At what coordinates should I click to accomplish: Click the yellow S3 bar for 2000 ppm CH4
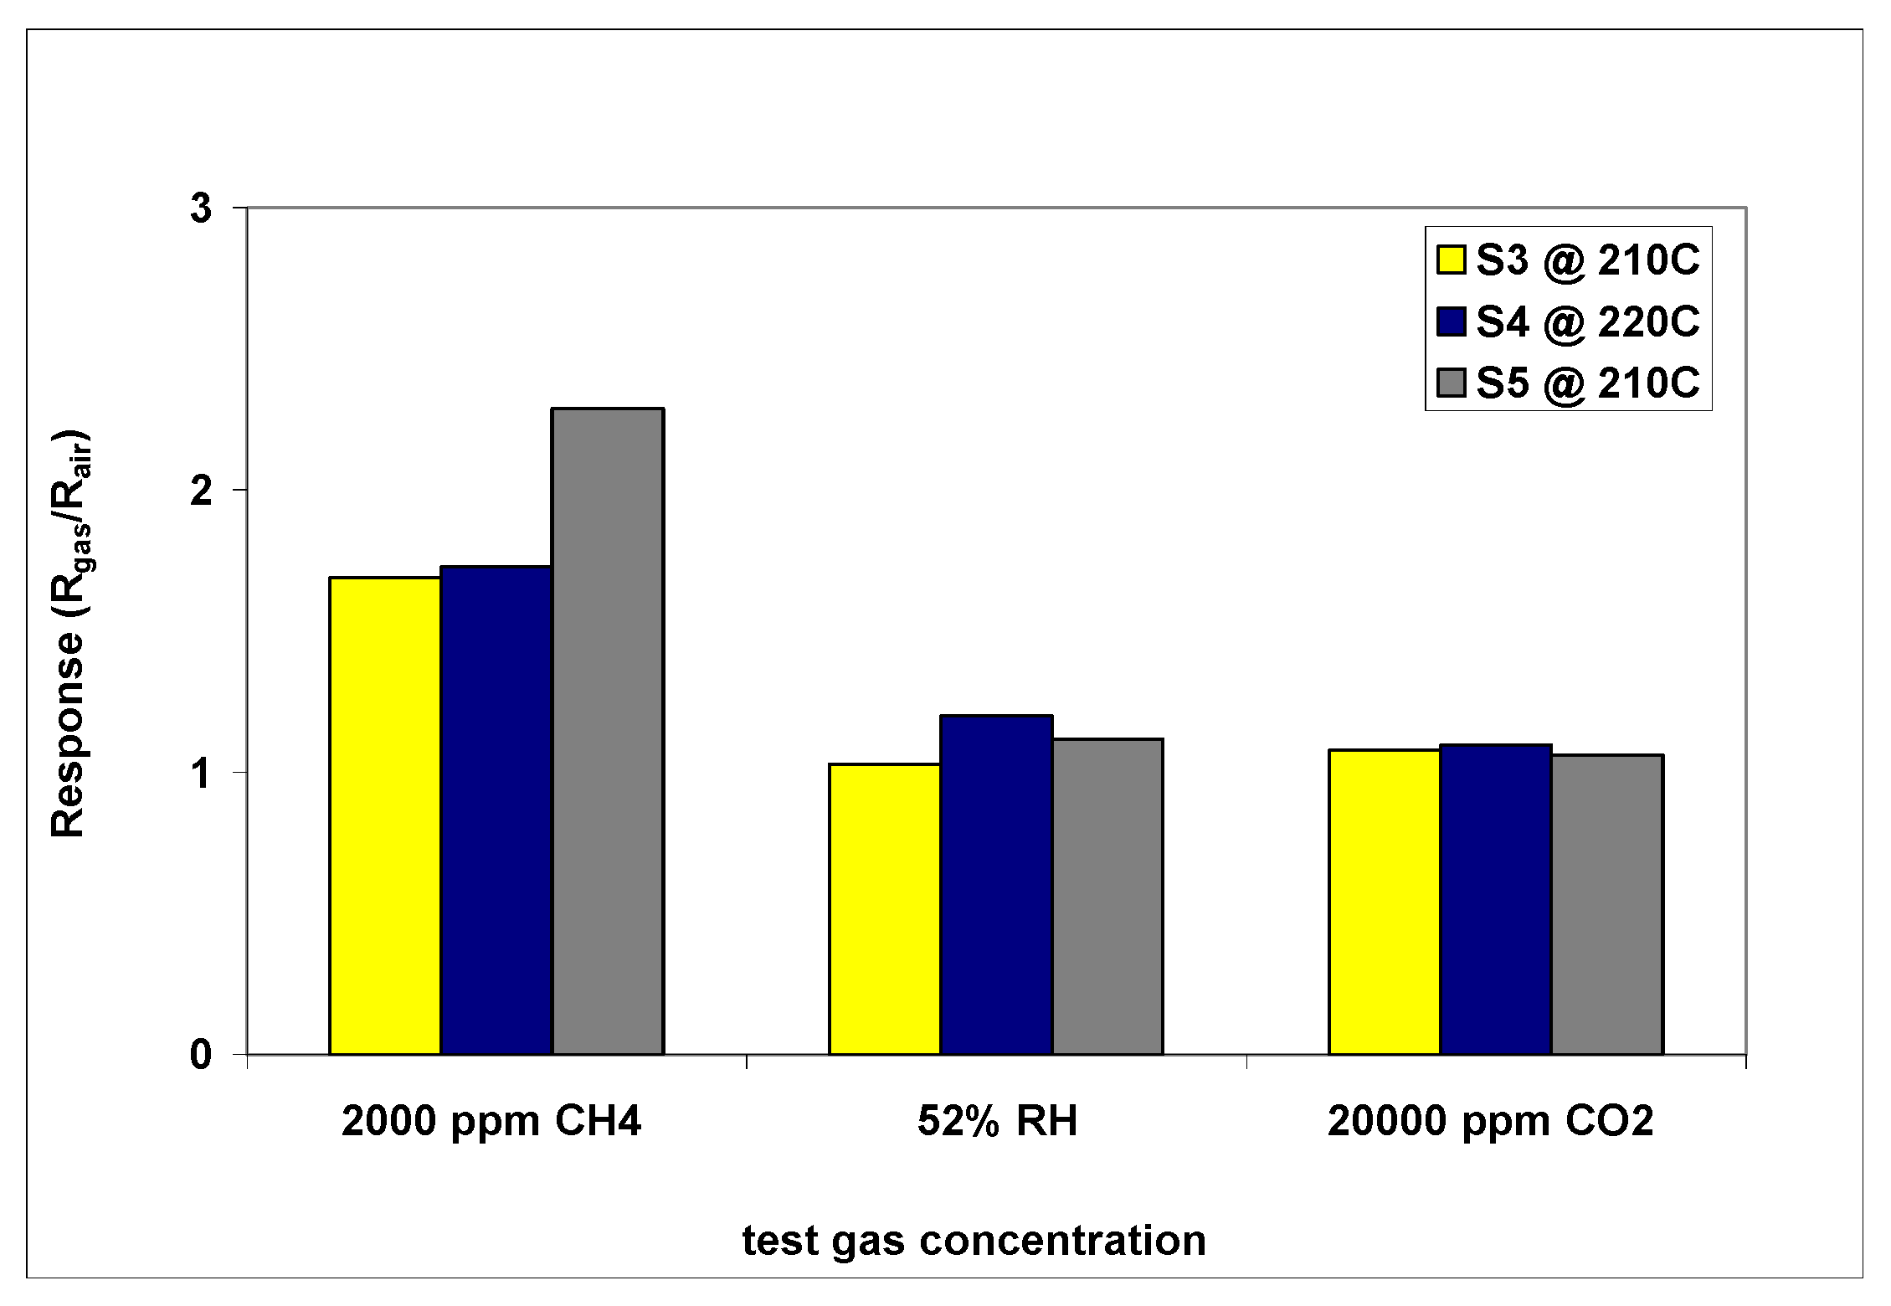tap(385, 816)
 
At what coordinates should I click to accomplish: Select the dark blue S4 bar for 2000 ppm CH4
tap(496, 810)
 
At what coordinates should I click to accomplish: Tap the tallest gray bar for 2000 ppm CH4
tap(608, 732)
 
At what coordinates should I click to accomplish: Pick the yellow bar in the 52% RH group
tap(885, 909)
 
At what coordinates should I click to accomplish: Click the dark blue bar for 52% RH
tap(996, 885)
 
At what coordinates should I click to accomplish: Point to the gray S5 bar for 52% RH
tap(1107, 897)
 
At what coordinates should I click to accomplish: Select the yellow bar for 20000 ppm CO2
tap(1385, 902)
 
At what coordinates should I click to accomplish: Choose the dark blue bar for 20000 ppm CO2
tap(1496, 900)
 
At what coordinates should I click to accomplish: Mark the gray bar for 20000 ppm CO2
tap(1607, 905)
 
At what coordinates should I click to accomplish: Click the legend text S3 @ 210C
tap(1587, 260)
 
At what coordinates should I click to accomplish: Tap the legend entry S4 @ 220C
tap(1587, 322)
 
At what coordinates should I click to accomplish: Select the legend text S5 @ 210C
tap(1587, 383)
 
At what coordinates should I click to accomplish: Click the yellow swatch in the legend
tap(1451, 260)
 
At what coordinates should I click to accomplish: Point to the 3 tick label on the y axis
tap(201, 208)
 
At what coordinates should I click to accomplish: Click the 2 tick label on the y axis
tap(201, 490)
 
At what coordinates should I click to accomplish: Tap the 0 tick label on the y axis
tap(201, 1055)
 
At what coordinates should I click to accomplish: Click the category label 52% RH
tap(997, 1121)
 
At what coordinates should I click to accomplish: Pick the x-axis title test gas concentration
tap(974, 1241)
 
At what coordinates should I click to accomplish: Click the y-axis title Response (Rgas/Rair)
tap(70, 634)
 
